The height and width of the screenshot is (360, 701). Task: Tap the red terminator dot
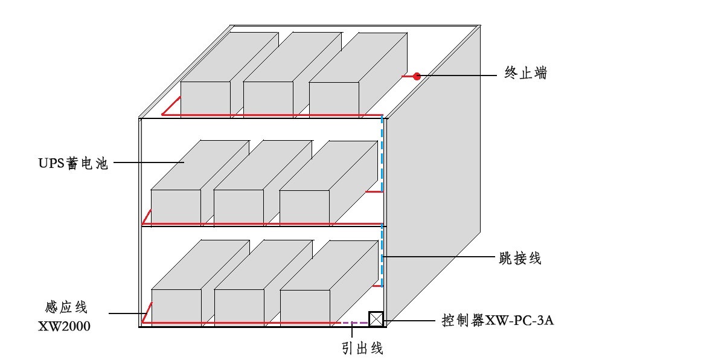(417, 76)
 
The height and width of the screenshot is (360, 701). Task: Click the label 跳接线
(522, 259)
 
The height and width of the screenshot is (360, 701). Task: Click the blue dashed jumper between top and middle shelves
(382, 154)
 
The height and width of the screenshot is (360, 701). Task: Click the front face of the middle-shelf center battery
(238, 207)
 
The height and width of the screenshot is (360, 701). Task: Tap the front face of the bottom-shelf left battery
(176, 307)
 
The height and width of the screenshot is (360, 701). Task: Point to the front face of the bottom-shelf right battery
(305, 307)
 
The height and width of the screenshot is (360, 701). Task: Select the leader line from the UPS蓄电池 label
(148, 162)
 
